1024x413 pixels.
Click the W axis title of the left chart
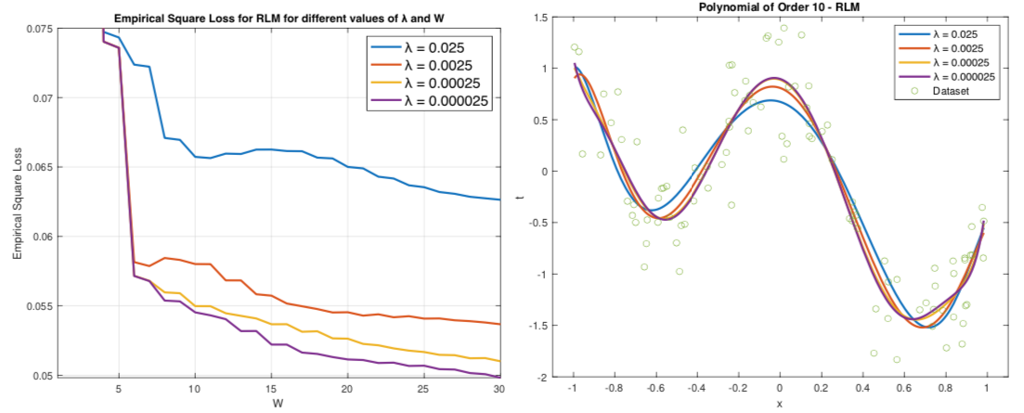click(x=278, y=404)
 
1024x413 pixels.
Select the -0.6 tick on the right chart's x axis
click(x=656, y=389)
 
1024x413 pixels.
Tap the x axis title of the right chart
click(x=779, y=405)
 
